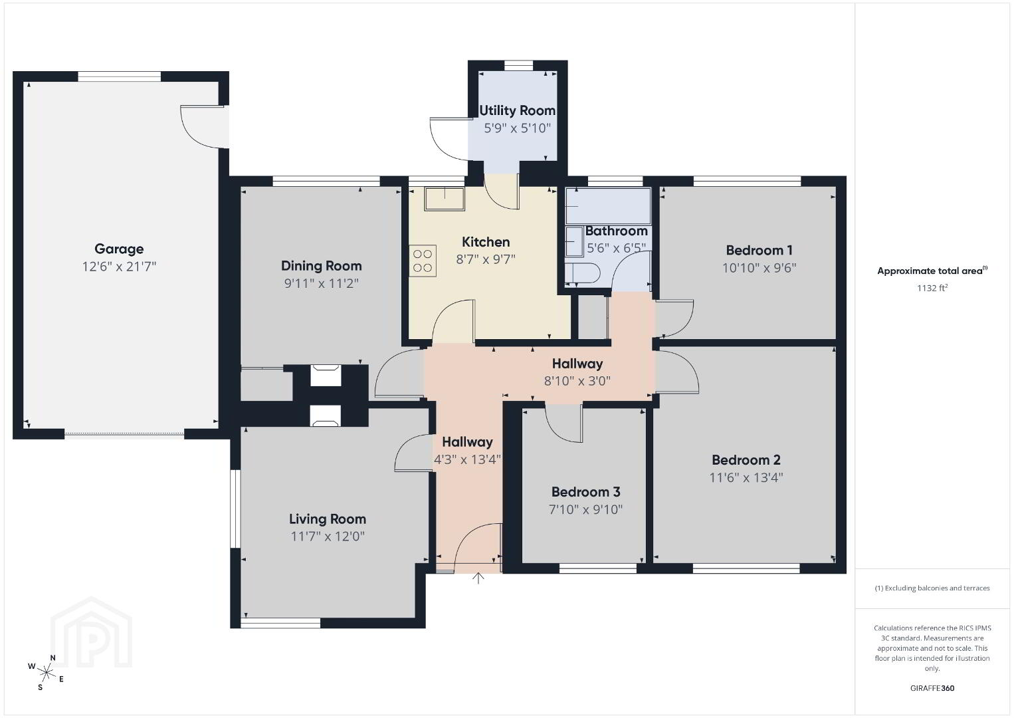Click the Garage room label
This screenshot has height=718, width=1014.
[119, 249]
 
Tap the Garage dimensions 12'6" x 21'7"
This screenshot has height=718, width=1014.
[119, 267]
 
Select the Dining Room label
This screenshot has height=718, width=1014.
[322, 266]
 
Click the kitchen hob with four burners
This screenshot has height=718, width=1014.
[423, 261]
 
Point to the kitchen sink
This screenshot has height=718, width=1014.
[445, 199]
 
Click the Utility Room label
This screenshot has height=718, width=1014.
[518, 110]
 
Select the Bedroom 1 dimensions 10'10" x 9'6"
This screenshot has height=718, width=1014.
[759, 268]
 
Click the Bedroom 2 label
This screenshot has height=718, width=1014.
[746, 460]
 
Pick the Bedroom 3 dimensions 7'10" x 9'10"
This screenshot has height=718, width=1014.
[586, 510]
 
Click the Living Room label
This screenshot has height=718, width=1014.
[328, 519]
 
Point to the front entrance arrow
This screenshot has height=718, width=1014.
[478, 578]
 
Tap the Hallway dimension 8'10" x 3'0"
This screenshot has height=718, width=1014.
[577, 381]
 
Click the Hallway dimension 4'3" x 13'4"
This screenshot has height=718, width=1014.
[467, 460]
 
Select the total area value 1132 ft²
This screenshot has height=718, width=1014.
[932, 288]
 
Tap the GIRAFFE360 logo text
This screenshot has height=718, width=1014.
[932, 688]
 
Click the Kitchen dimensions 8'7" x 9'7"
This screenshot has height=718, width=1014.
[486, 259]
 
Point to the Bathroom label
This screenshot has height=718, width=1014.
[617, 231]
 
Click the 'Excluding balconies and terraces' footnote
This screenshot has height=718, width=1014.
[932, 588]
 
